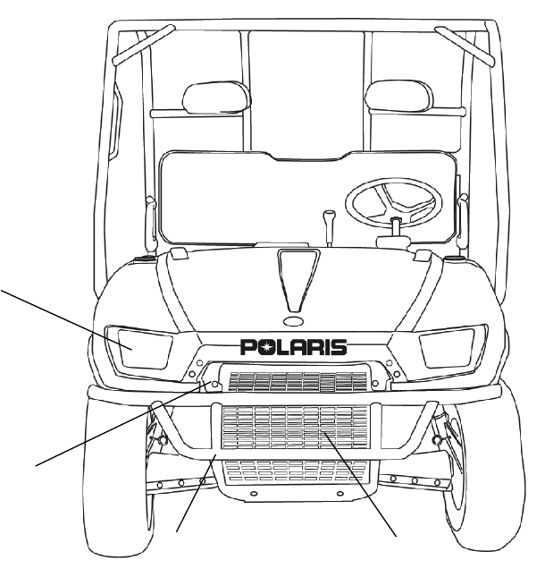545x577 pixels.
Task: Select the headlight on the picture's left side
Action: click(x=131, y=344)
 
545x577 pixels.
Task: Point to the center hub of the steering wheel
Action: click(x=393, y=220)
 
